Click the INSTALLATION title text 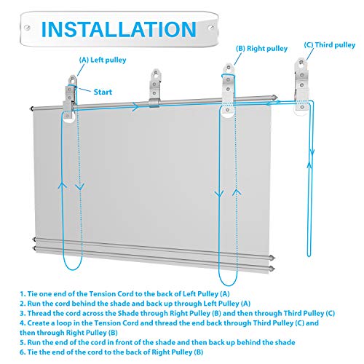[x=119, y=29]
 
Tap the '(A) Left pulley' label [x=103, y=60]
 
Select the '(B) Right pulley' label [x=261, y=49]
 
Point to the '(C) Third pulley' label [x=330, y=45]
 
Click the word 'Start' [x=103, y=92]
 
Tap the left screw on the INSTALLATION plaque [x=27, y=28]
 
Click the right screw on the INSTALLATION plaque [x=211, y=27]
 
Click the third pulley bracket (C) [x=301, y=85]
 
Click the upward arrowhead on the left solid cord [x=63, y=185]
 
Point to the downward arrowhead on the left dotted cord [x=79, y=187]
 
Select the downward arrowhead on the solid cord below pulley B [x=219, y=194]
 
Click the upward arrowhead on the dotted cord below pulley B [x=237, y=192]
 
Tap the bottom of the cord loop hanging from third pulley [x=309, y=256]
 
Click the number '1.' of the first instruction [x=23, y=294]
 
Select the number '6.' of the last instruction [x=23, y=352]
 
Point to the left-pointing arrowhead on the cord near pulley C [x=269, y=104]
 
